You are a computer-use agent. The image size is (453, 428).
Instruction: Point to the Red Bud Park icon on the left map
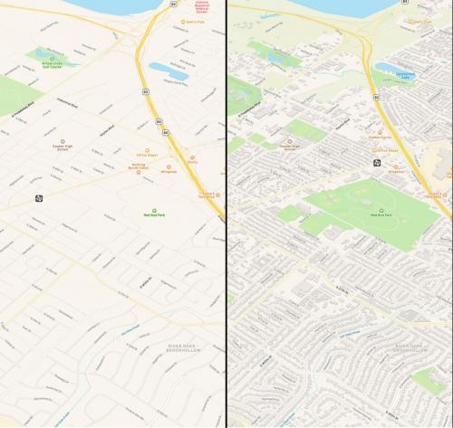coord(147,206)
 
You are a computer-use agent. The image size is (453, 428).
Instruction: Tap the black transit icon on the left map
coord(38,199)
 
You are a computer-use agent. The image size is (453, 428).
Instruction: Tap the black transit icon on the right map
coord(376,163)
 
